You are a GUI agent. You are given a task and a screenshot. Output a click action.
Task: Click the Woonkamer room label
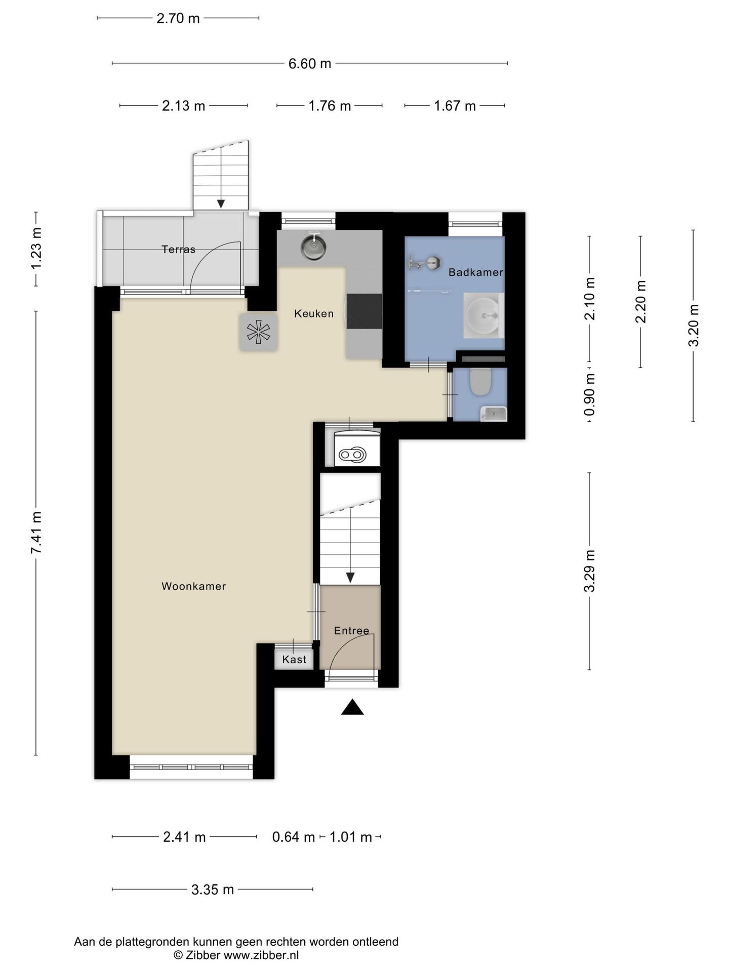point(193,586)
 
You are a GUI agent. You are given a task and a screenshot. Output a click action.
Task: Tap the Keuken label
point(314,314)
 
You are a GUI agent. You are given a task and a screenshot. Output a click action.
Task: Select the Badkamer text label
point(476,272)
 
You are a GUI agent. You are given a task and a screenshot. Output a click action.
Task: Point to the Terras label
point(178,249)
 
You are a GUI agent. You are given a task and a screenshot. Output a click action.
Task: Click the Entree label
point(351,631)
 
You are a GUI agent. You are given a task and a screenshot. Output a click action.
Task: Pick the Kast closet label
point(294,659)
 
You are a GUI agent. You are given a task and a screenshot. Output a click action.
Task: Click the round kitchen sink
point(314,247)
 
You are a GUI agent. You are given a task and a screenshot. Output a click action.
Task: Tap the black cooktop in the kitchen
point(364,311)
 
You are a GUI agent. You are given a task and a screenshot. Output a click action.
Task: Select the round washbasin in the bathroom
point(483,315)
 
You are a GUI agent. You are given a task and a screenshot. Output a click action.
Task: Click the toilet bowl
point(480,382)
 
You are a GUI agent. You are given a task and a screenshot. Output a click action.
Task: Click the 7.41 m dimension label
point(36,533)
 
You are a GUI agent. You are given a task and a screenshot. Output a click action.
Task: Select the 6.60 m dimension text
point(310,64)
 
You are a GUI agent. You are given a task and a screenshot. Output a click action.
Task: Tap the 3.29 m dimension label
point(589,571)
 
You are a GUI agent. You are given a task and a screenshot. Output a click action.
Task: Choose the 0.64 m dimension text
point(294,837)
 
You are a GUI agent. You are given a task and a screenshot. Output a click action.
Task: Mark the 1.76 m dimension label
point(330,106)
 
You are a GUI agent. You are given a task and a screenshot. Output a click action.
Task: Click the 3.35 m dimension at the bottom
point(213,889)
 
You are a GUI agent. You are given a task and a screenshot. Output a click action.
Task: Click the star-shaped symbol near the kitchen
point(258,332)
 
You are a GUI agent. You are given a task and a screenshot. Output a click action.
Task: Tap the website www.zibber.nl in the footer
point(261,955)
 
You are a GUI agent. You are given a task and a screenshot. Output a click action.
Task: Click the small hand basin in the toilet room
point(493,414)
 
